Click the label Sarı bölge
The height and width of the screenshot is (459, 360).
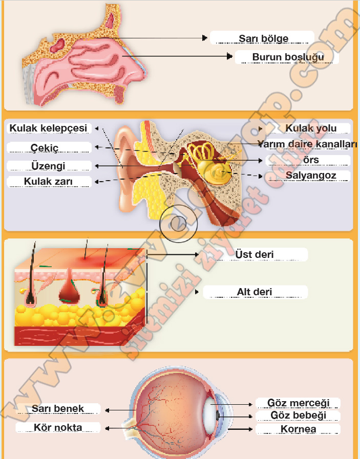[x=263, y=38]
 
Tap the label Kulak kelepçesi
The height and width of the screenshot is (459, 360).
[x=48, y=128]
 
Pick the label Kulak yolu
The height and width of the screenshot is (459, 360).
[x=311, y=128]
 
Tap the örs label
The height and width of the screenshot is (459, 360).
[x=311, y=160]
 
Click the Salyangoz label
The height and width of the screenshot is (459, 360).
[x=311, y=176]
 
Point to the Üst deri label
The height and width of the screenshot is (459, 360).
[x=255, y=254]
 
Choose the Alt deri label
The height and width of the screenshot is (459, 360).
[x=255, y=292]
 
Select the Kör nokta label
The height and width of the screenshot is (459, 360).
[x=57, y=427]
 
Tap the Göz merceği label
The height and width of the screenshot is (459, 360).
[x=298, y=403]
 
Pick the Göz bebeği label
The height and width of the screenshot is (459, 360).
[x=298, y=416]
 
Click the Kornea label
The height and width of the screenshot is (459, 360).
[x=298, y=429]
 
